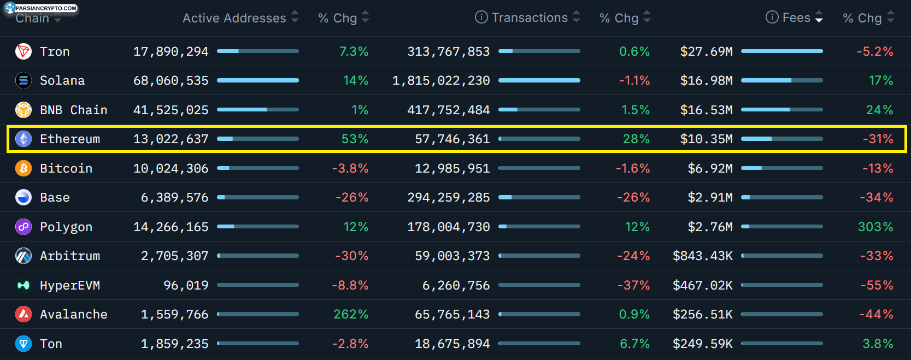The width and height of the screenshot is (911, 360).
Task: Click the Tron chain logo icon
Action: coord(23,51)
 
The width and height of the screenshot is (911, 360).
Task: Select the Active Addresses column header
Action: coord(234,18)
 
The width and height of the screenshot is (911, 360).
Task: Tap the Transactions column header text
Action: coord(530,17)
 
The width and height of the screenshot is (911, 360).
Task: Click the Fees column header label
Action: coord(796,17)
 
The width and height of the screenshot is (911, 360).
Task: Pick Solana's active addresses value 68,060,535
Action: coord(171,80)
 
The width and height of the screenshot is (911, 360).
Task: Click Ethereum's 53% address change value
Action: coord(355,139)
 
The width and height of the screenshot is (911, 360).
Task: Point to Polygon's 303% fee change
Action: coord(875,227)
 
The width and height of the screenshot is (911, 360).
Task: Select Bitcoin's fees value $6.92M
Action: coord(710,168)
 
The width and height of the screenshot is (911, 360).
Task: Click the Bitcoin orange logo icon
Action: coord(23,168)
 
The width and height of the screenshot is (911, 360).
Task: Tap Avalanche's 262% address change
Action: coord(350,314)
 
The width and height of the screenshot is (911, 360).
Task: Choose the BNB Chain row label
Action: coord(74,110)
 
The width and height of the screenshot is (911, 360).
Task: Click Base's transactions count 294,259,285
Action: coord(449,197)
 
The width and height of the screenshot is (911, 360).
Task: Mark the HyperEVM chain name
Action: coord(70,285)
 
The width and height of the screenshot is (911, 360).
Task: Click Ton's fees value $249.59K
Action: coord(703,344)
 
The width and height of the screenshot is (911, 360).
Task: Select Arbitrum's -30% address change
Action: coord(351,256)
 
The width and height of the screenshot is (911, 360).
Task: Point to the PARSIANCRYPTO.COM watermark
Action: coord(41,8)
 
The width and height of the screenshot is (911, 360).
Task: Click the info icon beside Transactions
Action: coord(481,17)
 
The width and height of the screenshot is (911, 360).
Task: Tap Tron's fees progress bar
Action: coord(781,51)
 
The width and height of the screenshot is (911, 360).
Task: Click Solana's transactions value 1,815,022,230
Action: coord(441,80)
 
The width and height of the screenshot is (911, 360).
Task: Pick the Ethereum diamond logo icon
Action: coord(23,139)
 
